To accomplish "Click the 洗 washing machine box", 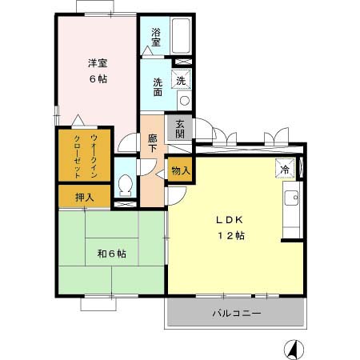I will [x=182, y=80].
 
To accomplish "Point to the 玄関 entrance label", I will [x=180, y=129].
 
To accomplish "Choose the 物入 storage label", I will [x=180, y=170].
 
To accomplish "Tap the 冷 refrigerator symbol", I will [x=284, y=169].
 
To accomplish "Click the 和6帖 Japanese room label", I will [x=113, y=254].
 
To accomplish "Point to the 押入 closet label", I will [x=84, y=196].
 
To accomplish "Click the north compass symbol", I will [x=294, y=349].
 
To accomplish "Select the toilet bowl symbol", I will [x=125, y=186].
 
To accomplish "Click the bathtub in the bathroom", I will [x=179, y=35].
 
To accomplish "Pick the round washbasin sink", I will [x=183, y=100].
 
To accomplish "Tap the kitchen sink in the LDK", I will [x=290, y=197].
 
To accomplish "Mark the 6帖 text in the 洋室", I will [x=98, y=79].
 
